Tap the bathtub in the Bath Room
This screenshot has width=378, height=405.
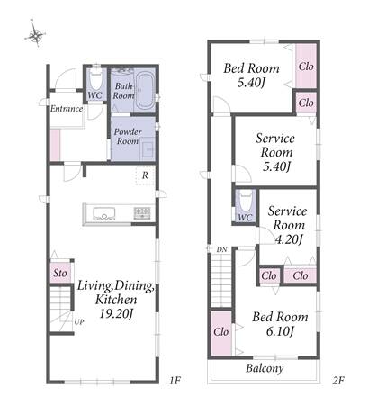click(146, 91)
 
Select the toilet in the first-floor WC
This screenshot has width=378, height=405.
click(96, 78)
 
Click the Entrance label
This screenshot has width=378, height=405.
click(67, 109)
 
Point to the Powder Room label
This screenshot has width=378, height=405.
click(128, 137)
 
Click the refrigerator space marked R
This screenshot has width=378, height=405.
click(145, 175)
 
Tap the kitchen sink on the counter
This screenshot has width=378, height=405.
click(104, 214)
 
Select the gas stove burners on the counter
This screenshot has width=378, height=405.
click(142, 213)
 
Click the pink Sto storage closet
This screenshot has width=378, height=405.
click(60, 273)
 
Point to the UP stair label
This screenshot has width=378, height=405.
click(79, 322)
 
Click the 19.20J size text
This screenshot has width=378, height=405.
click(116, 314)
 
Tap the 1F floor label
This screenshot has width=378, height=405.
click(175, 381)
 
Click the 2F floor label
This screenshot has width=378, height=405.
click(337, 381)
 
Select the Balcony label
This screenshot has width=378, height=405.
click(265, 368)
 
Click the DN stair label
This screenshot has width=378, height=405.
click(222, 249)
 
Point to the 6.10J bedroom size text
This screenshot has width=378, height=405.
click(280, 331)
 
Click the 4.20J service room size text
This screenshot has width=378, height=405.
click(288, 239)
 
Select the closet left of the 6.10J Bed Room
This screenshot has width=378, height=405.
click(221, 333)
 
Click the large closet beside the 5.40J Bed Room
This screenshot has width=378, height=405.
click(306, 67)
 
